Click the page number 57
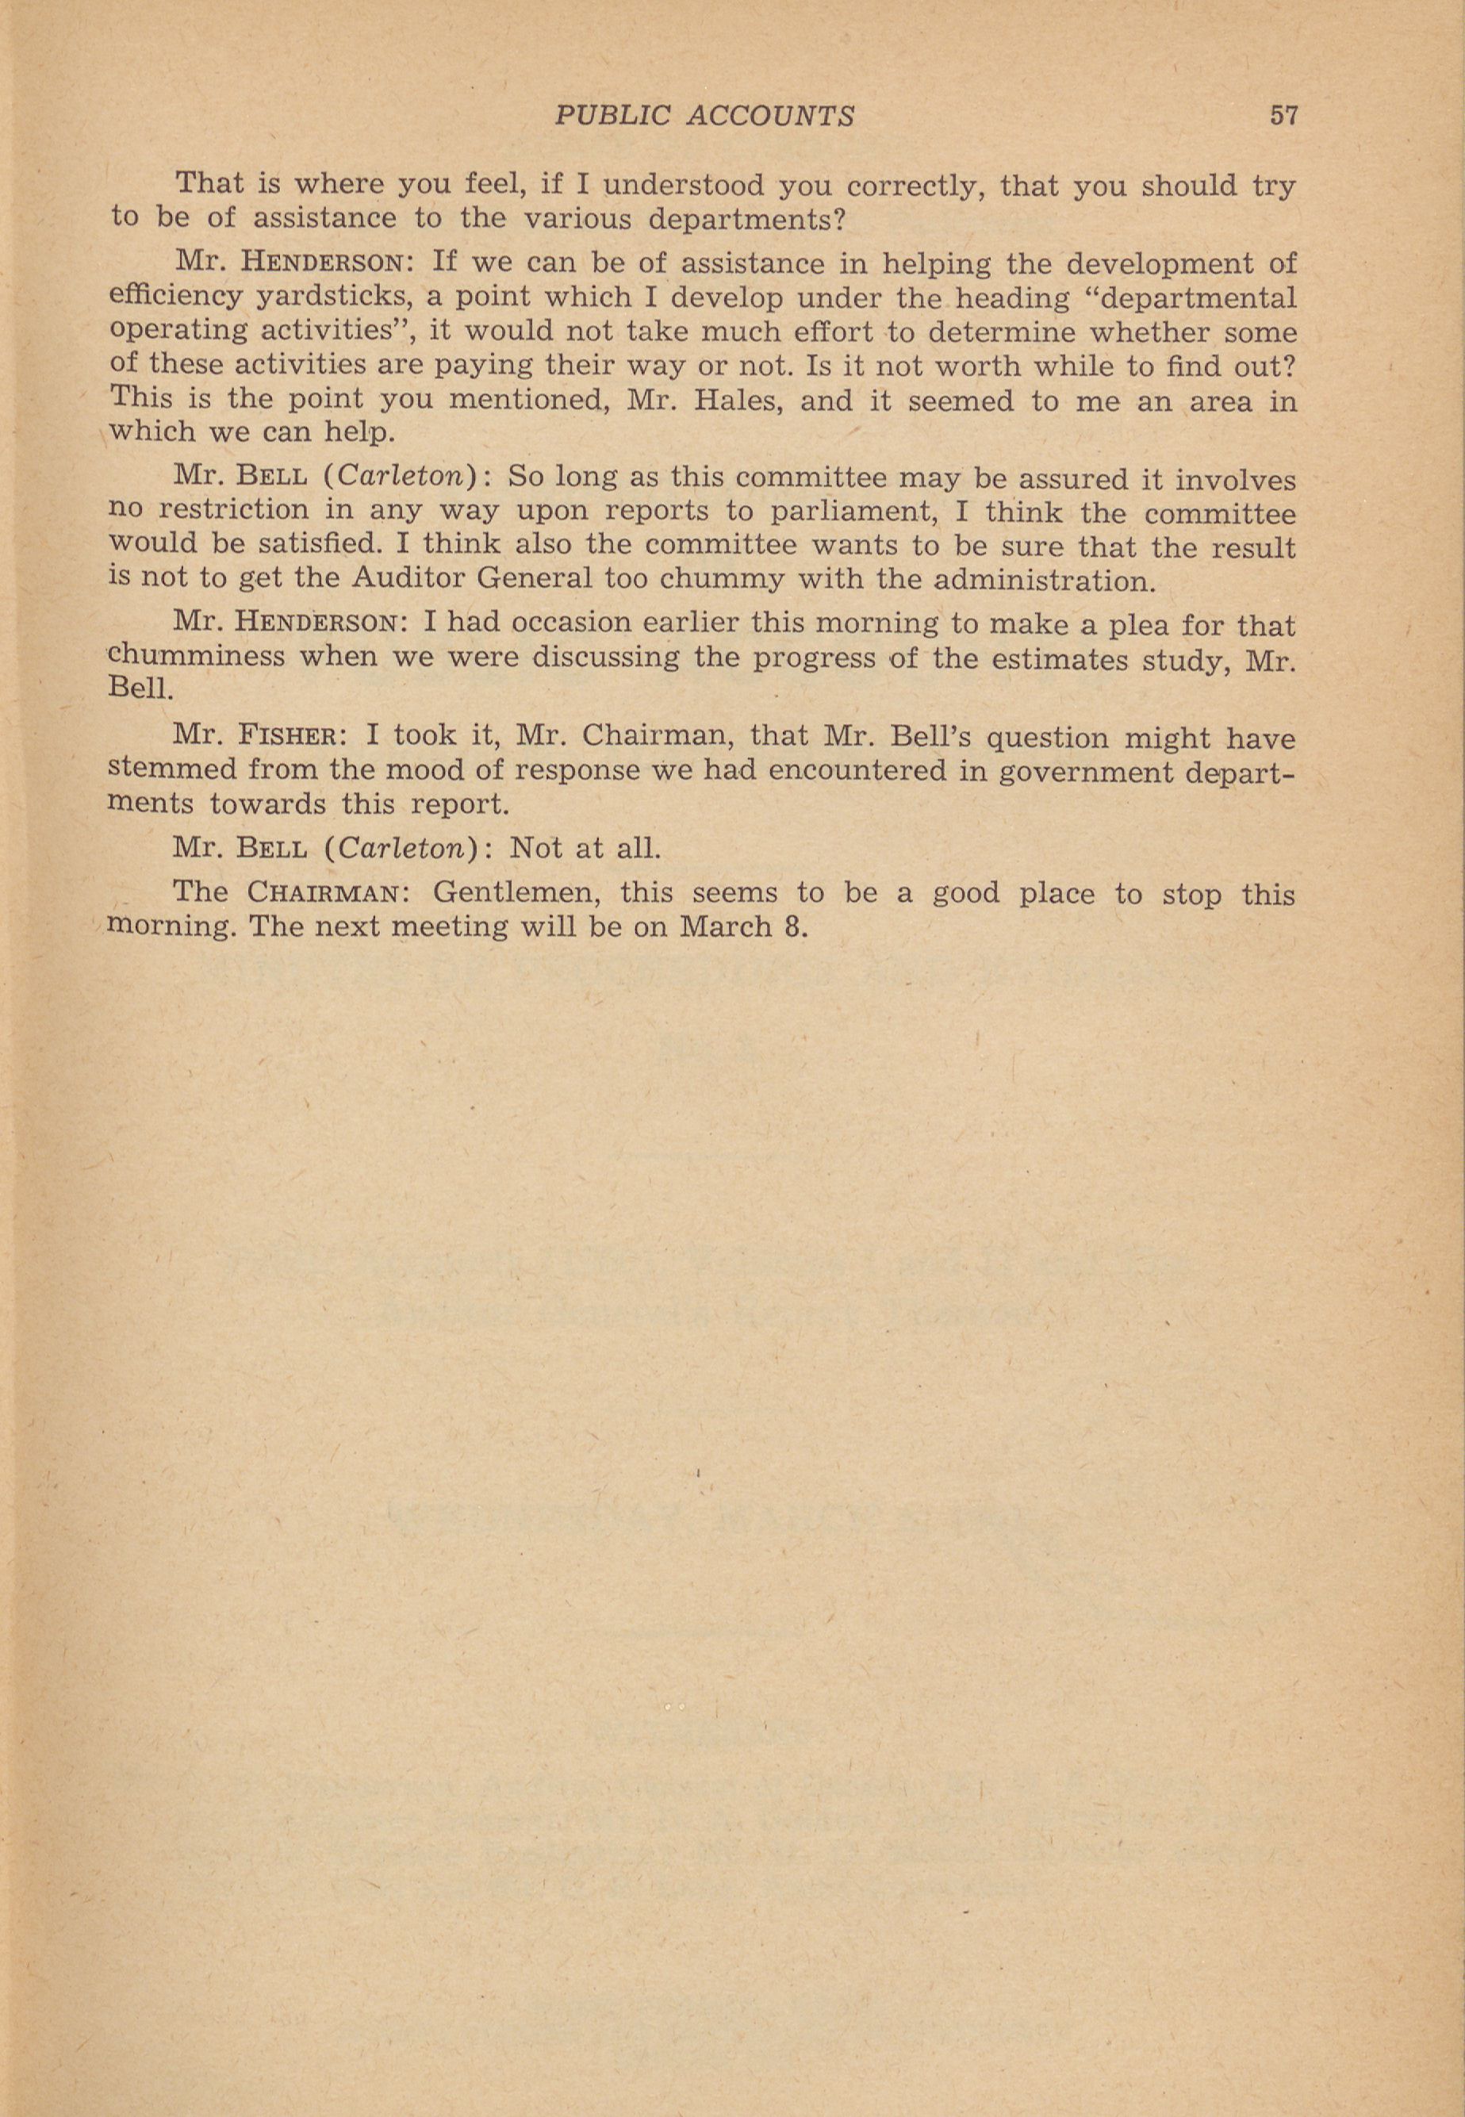(x=1283, y=116)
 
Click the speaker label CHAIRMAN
(x=322, y=892)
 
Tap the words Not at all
(x=585, y=847)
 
